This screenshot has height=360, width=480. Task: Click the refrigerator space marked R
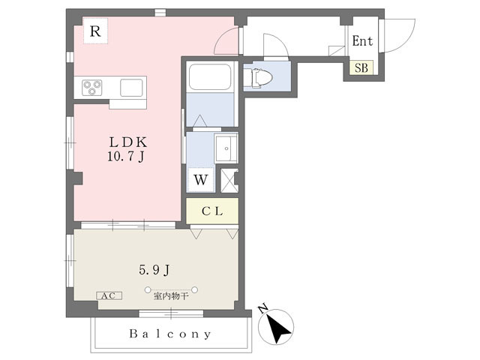coord(95,31)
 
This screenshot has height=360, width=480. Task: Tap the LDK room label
coord(128,142)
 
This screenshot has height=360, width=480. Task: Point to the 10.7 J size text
coord(126,157)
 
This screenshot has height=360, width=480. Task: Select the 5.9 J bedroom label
coord(154,270)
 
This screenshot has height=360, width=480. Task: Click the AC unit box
coord(109,295)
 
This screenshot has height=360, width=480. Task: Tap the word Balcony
coord(170,334)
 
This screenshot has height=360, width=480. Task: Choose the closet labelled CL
coord(212,211)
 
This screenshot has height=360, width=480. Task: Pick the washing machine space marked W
coord(201,180)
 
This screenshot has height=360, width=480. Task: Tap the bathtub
coord(210,76)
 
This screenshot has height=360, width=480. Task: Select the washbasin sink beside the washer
coord(226,148)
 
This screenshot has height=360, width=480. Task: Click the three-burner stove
coord(91,87)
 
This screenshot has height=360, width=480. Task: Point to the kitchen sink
coord(131,88)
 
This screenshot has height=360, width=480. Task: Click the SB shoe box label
coord(361,67)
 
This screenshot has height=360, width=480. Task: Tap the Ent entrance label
coord(362,40)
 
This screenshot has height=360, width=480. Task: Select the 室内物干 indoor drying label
coord(171,296)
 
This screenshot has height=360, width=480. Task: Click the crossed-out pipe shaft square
coord(229,181)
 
